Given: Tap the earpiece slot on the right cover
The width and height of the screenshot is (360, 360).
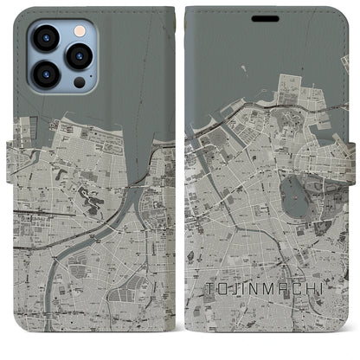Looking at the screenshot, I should pos(266,16).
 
